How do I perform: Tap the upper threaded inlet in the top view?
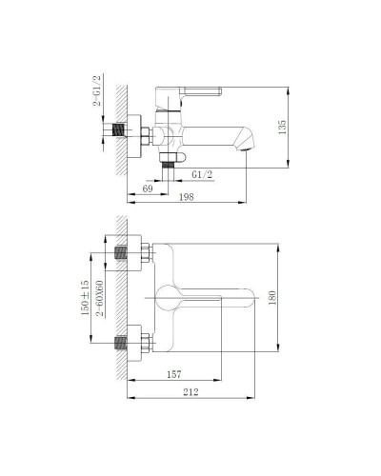point(122,254)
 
